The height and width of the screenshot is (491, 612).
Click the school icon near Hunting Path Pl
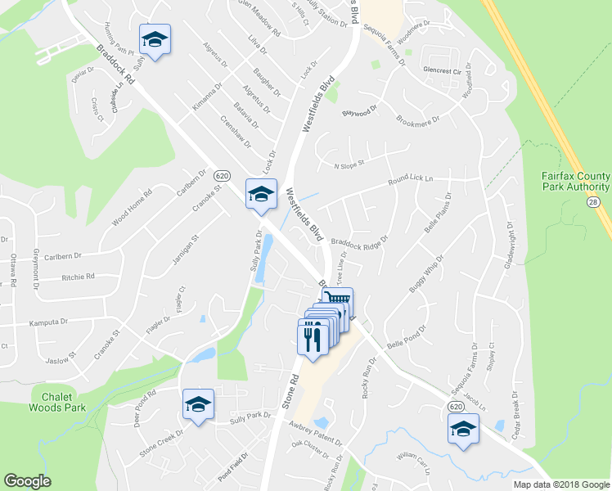tap(155, 38)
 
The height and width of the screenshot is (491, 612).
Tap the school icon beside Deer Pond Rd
tap(197, 404)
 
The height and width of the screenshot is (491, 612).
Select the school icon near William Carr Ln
tap(463, 429)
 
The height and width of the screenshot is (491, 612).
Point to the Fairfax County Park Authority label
tap(576, 182)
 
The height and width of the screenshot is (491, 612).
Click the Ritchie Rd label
tap(78, 277)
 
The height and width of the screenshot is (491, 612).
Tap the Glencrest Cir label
tap(442, 70)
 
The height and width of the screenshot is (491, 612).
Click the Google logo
tap(28, 481)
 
